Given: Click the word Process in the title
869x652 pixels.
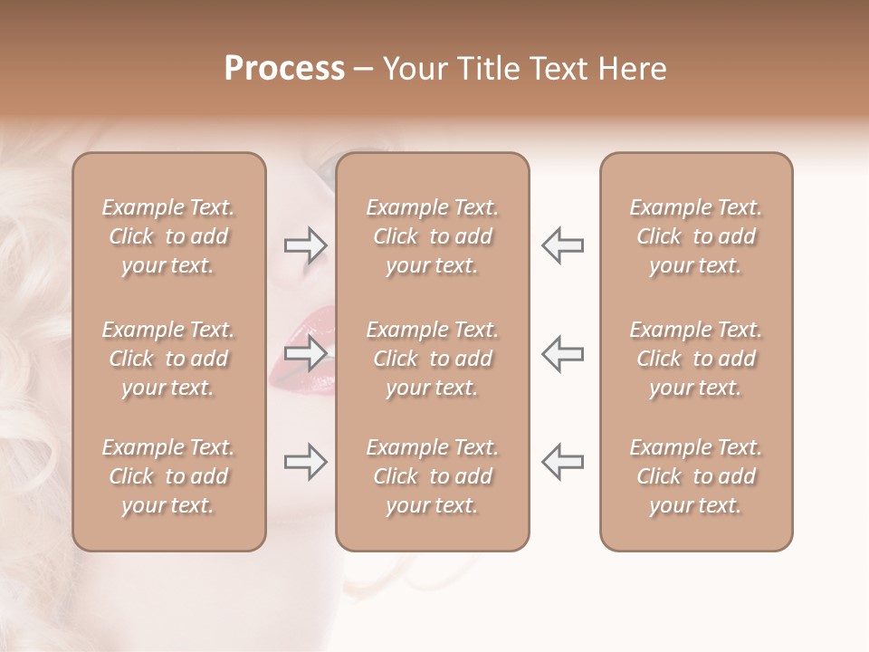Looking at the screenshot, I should coord(284,69).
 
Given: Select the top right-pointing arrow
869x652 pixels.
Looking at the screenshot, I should coord(306,245).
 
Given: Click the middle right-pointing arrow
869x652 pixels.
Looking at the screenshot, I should coord(306,352).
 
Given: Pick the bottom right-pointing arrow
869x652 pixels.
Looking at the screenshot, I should coord(306,463).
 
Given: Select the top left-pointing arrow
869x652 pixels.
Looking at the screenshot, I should coord(562,245).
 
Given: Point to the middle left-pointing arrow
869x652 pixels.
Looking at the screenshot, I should coord(562,352).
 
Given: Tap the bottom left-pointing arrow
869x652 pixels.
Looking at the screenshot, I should coord(562,463).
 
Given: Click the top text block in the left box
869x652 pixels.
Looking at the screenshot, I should coord(168,236).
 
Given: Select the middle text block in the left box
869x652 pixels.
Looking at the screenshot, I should coord(168,359).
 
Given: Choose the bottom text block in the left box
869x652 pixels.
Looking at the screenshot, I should coord(168,476).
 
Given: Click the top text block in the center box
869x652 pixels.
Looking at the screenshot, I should coord(432,236).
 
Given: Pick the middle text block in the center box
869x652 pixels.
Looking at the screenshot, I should coord(432,359).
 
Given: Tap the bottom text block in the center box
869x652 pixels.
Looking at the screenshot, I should coord(432,476).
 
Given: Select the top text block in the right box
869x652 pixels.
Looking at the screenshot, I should coord(695,236).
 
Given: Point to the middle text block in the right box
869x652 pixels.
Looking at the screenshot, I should coord(695,359).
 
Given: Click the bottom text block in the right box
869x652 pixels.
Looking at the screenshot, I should coord(695,476).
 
